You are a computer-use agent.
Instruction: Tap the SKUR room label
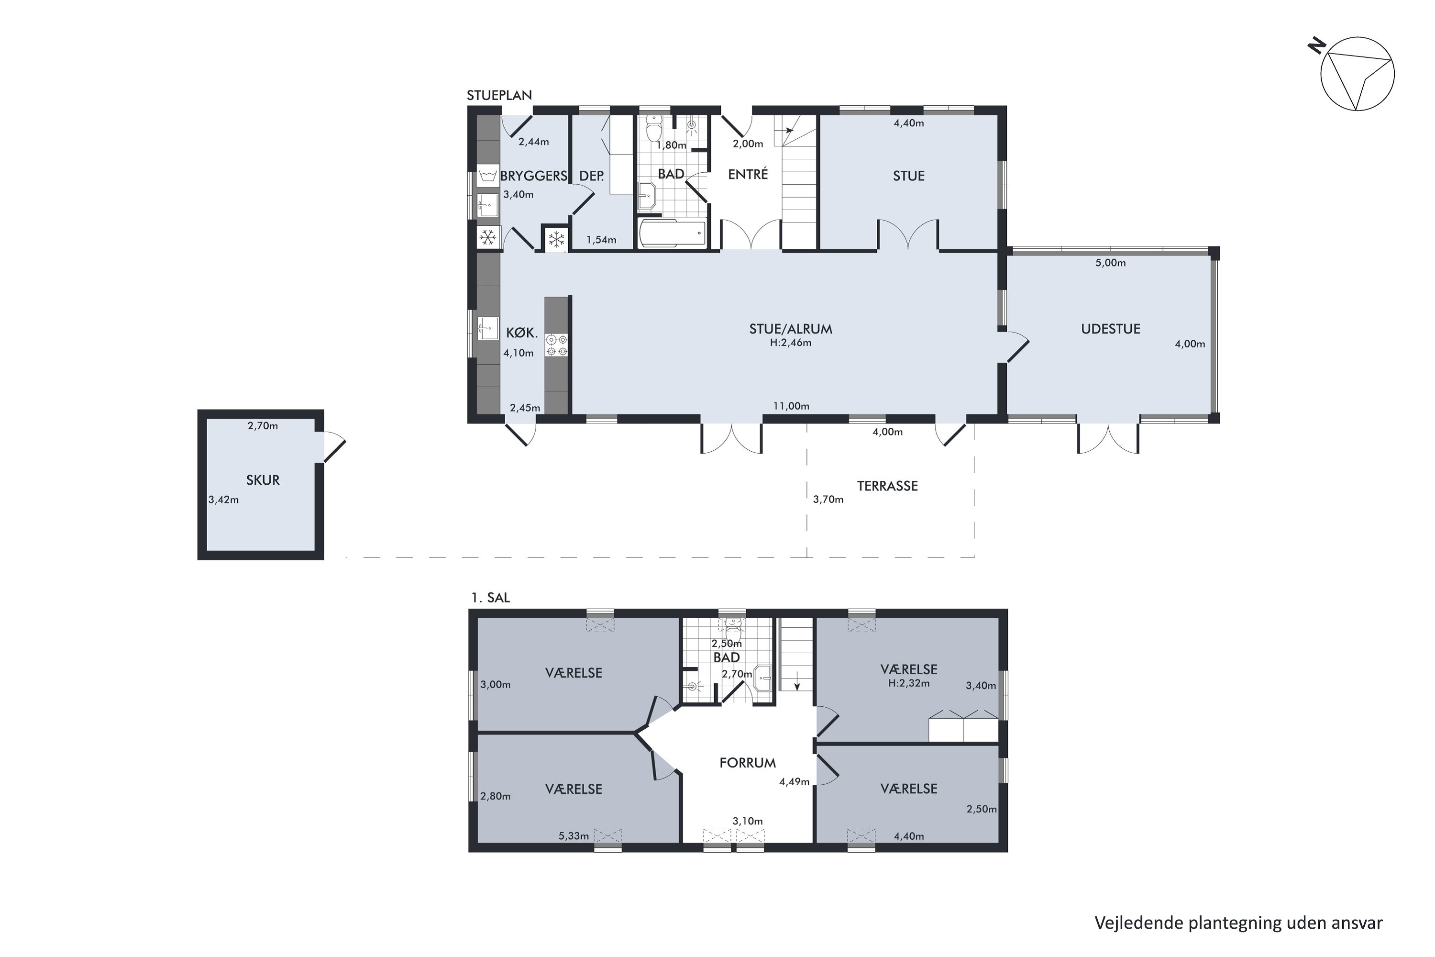coord(263,480)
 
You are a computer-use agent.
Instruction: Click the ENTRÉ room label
coord(748,174)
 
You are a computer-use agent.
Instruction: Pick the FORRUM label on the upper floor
coord(747,763)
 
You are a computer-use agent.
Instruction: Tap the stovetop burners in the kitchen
coord(556,345)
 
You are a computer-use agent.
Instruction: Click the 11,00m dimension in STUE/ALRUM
coord(791,406)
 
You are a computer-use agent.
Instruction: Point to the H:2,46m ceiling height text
coord(791,343)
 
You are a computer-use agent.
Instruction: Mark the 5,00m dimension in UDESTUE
coord(1110,263)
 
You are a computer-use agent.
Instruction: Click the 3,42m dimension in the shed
coord(223,500)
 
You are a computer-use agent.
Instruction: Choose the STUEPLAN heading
coord(499,95)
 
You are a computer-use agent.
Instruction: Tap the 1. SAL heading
coord(491,598)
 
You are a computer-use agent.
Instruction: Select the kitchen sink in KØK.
coord(487,328)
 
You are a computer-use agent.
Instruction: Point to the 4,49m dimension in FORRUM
coord(795,782)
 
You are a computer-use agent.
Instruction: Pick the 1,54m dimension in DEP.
coord(602,240)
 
